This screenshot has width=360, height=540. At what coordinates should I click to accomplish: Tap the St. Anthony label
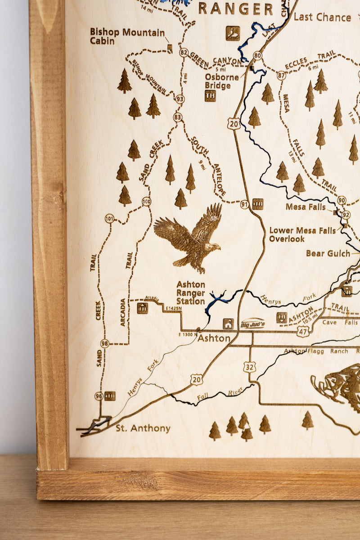tap(143, 428)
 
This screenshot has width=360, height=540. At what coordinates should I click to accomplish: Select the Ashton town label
tap(214, 338)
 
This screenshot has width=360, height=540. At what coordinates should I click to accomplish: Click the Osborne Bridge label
tap(222, 81)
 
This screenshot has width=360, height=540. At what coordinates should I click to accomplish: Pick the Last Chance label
tap(322, 18)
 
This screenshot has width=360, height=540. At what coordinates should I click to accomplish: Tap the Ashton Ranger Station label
tap(191, 293)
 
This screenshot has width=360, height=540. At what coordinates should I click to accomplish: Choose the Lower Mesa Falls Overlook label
tap(302, 234)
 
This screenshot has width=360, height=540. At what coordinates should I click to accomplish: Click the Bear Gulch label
tap(328, 253)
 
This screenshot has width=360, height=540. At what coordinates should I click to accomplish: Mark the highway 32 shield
tap(250, 367)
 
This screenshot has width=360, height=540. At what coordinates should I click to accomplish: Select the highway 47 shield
tap(303, 332)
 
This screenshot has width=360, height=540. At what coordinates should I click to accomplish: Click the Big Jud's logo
tap(253, 324)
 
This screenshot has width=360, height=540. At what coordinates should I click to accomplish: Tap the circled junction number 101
tap(109, 219)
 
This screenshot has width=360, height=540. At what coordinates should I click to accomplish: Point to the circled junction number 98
tap(105, 343)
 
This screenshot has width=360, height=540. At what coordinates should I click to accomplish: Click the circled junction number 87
tap(281, 76)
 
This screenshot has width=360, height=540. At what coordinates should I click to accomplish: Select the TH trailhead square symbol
tap(210, 96)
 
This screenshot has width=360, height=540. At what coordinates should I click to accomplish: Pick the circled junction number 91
tap(244, 204)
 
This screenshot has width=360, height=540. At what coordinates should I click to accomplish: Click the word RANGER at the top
tap(236, 9)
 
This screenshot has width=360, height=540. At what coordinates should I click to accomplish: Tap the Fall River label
tap(220, 394)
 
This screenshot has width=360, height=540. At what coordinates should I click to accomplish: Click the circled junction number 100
tap(146, 202)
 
